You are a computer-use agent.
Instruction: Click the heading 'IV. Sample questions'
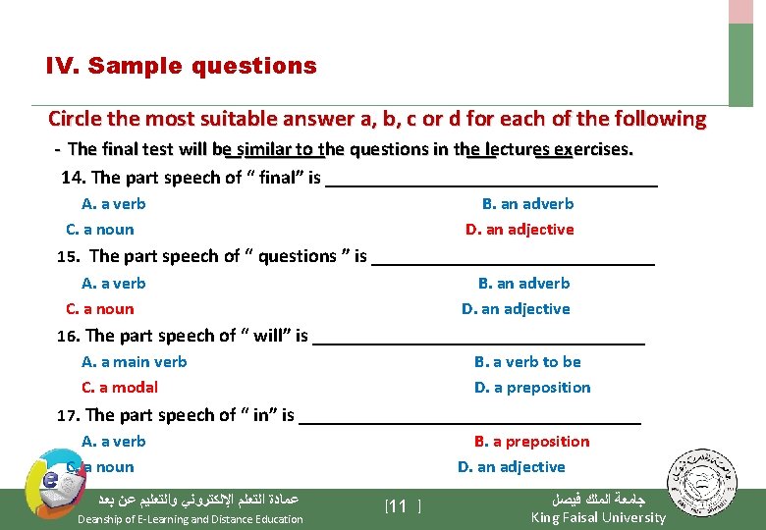coord(182,67)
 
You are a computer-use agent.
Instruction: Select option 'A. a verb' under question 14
coord(113,204)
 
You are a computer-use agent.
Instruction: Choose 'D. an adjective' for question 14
coord(520,230)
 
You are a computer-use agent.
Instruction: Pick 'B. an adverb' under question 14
coord(527,204)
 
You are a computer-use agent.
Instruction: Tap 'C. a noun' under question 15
coord(99,309)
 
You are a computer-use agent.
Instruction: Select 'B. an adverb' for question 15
coord(523,284)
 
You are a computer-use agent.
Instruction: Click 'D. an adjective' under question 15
coord(516,309)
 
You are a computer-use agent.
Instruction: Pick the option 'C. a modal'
coord(119,388)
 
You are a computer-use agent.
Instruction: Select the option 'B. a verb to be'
coord(527,362)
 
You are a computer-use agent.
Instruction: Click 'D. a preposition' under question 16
coord(532,388)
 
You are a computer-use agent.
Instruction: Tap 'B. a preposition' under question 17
coord(531,442)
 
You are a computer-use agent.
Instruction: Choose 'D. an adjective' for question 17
coord(511,467)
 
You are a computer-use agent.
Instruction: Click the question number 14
coord(72,178)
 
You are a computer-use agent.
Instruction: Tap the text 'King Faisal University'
coord(598,517)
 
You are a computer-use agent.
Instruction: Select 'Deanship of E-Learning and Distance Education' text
coord(191,519)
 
